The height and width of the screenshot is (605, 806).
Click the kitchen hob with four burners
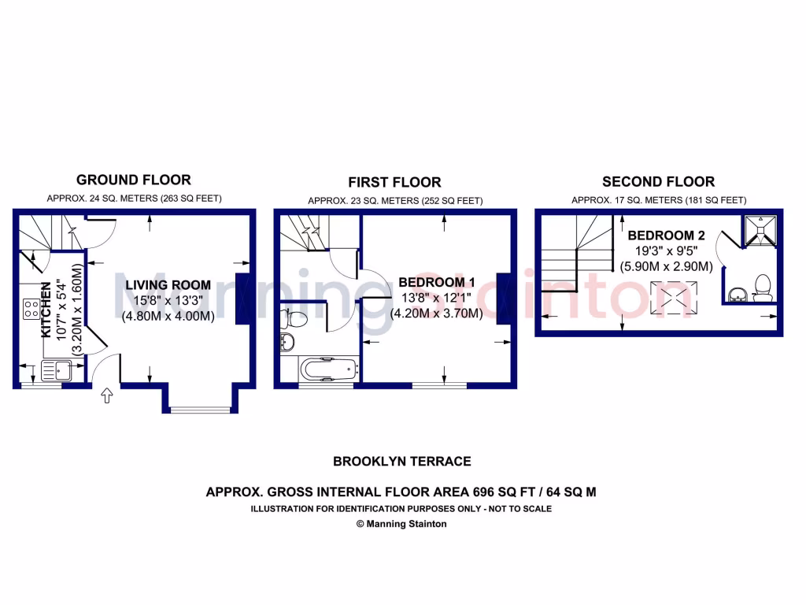31,308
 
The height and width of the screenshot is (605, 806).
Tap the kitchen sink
57,368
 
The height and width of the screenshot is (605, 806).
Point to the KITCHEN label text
46,309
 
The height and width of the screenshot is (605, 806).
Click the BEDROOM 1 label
436,282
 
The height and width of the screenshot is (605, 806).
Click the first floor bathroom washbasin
287,342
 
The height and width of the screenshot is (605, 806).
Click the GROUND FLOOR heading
134,180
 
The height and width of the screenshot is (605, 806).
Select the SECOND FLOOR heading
658,182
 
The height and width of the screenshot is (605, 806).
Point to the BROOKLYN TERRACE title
402,462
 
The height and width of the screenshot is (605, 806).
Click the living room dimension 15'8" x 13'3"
167,301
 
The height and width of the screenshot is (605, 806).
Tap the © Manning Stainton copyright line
402,524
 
